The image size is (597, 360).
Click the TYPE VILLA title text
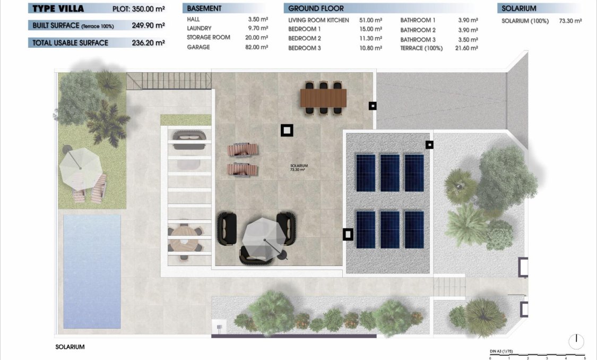pos(57,8)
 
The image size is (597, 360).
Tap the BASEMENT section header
pos(204,8)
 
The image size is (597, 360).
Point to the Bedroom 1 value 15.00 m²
pos(370,29)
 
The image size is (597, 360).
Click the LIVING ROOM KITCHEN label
pos(318,20)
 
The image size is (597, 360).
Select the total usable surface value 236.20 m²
pos(148,43)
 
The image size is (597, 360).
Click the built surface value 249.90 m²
pos(148,25)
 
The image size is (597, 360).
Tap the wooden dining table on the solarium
pos(323,97)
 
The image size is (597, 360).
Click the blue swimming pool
pos(92,271)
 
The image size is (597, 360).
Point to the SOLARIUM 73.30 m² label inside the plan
pos(299,168)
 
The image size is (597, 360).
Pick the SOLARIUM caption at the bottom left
pos(70,347)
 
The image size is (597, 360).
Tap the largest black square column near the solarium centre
pos(287,130)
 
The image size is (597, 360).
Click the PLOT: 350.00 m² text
pos(139,9)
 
